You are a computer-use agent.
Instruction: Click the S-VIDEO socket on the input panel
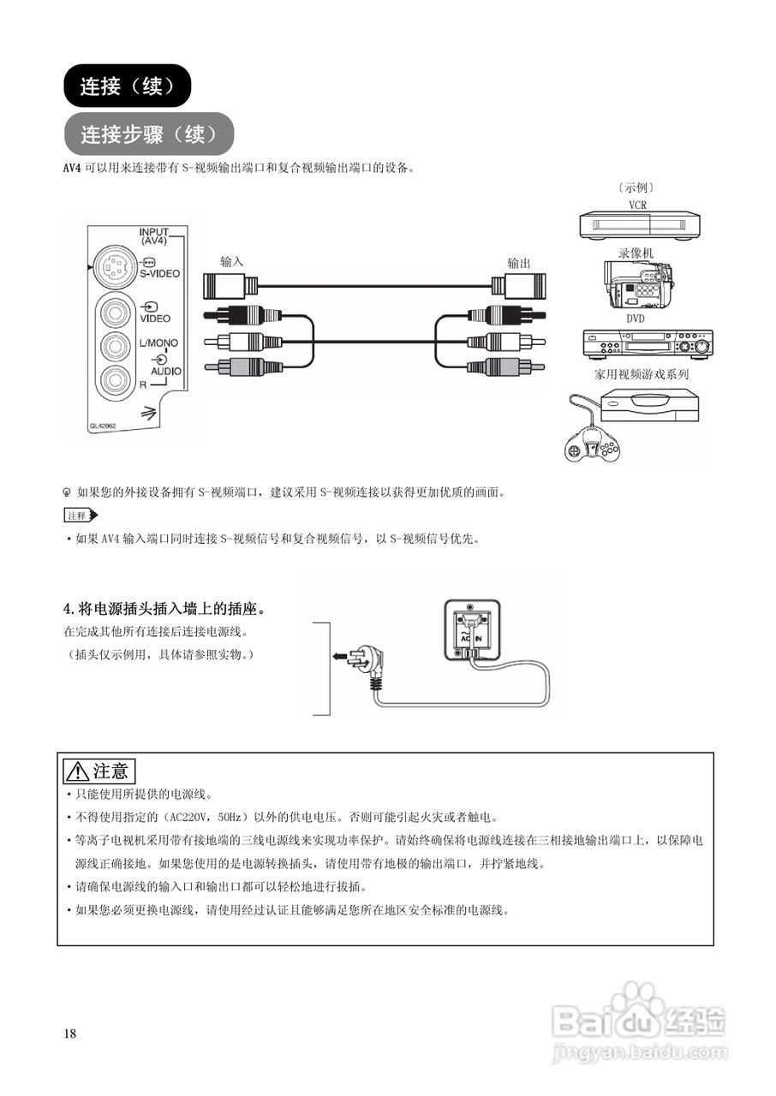click(x=112, y=267)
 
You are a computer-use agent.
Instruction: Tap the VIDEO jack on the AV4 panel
click(x=114, y=312)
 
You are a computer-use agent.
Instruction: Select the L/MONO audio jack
click(x=114, y=346)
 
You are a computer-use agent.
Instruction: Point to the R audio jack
click(x=114, y=378)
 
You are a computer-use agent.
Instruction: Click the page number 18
click(x=70, y=1033)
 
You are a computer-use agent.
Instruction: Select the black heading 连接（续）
click(x=127, y=86)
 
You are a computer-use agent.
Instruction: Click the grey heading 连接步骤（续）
click(x=147, y=134)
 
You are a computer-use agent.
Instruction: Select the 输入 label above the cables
click(x=232, y=262)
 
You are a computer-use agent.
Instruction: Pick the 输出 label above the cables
click(x=519, y=262)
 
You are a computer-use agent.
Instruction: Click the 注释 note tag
click(x=81, y=515)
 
